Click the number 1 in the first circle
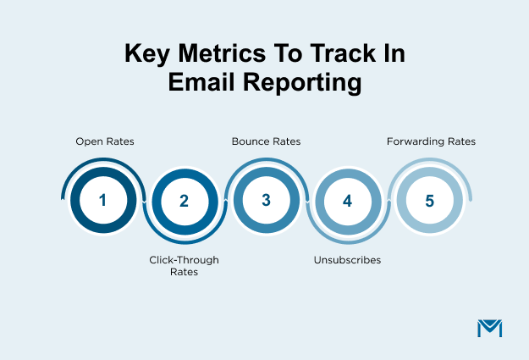[102, 201]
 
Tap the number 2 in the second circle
[184, 202]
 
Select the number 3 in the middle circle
[265, 201]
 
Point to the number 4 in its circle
[347, 202]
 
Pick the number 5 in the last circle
[429, 201]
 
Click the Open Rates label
[105, 141]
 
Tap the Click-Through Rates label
[184, 266]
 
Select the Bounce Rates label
[266, 141]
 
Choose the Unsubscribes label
[347, 260]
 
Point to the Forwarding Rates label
[431, 141]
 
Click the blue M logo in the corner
[489, 329]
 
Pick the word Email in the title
[201, 83]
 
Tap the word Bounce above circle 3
[251, 141]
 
